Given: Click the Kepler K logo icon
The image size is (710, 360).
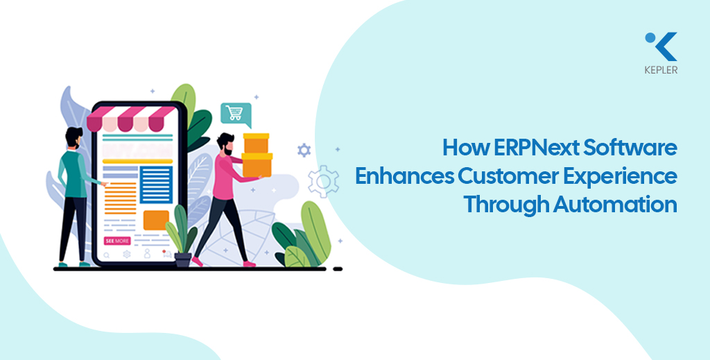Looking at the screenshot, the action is pos(661,46).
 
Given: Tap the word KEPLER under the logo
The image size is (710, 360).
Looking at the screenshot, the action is pos(661,70).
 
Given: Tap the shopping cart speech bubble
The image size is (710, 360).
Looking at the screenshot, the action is pos(236,114).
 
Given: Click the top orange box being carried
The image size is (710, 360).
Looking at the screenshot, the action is pos(257,143).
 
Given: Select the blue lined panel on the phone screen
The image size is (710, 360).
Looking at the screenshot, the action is pos(156,185).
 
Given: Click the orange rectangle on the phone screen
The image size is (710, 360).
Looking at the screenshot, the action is pos(156,220).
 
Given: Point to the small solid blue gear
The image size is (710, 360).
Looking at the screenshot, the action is pos(304,151).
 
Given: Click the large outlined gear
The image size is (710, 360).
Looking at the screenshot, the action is pos(323,181).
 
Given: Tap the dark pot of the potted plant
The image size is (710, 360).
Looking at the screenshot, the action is pos(183,260).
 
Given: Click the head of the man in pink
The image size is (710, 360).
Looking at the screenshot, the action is pos(225,144).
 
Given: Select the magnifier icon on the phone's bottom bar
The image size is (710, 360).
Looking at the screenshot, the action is pos(106,255).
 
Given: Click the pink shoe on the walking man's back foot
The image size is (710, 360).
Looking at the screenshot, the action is pos(197,262).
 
